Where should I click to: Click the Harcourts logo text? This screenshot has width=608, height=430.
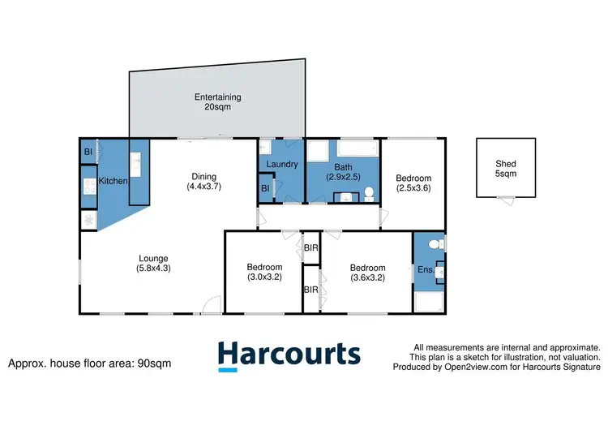point(289,356)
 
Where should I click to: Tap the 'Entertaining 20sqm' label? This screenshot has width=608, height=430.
point(217,103)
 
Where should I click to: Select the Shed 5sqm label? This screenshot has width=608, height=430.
point(505,168)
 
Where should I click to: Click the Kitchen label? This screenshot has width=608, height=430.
point(113,181)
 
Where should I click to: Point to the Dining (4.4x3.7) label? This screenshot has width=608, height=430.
point(203,181)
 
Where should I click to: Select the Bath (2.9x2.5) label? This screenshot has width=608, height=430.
point(342,171)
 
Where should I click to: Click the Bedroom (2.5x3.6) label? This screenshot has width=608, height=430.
point(413,183)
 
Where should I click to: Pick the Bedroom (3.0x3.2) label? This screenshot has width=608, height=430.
point(264,272)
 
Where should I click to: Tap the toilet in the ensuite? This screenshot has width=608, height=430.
point(435,243)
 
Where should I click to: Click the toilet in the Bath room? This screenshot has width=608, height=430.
point(368,192)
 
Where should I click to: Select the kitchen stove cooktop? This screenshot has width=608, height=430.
point(88,187)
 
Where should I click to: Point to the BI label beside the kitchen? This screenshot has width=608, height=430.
point(88,152)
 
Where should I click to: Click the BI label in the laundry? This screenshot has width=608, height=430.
point(265,189)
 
